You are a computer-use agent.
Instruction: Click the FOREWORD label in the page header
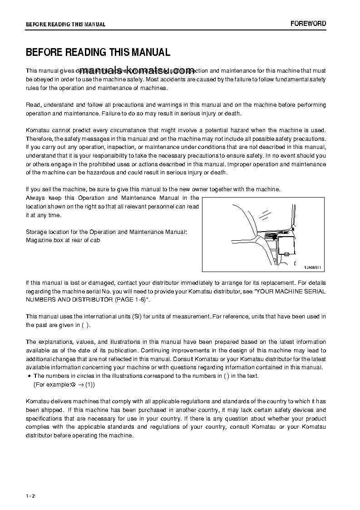pos(308,24)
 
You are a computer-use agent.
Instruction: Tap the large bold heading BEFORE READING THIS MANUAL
pos(98,53)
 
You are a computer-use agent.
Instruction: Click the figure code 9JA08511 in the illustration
pos(312,267)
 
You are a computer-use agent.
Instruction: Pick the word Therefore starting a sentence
pos(39,139)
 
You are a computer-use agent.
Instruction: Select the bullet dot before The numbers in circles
pos(29,376)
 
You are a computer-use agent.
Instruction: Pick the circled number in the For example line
pos(73,385)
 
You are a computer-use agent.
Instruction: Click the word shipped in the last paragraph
pos(52,410)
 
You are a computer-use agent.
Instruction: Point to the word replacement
pos(274,282)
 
